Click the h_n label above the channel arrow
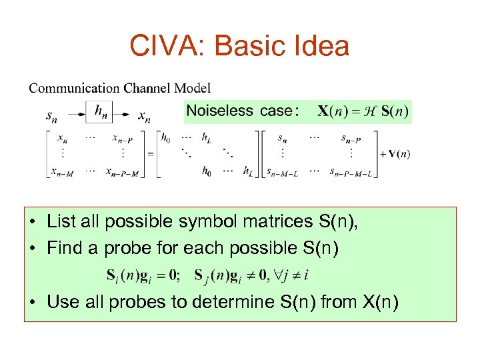[102, 109]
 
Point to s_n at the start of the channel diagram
[51, 116]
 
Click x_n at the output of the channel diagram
[144, 116]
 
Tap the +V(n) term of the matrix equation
[395, 154]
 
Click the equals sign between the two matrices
[151, 154]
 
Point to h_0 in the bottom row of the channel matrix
[207, 171]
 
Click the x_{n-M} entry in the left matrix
[62, 171]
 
